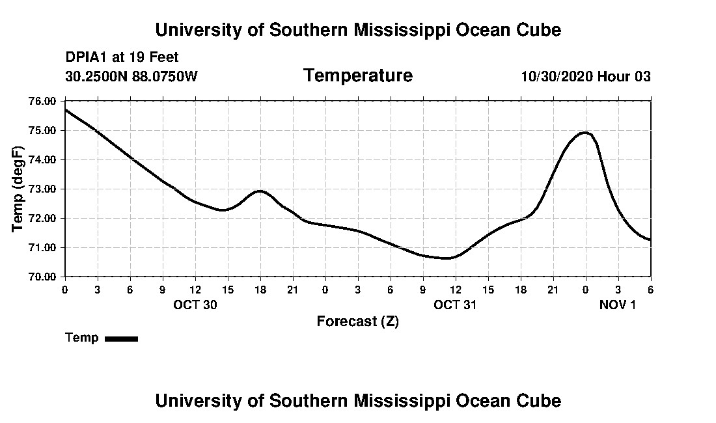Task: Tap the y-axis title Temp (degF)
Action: coord(19,189)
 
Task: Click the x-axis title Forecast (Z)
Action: coord(357,321)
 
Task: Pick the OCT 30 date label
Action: coord(195,305)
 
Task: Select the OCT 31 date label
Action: coord(455,305)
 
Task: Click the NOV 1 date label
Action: coord(617,305)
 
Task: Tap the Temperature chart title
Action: coord(357,76)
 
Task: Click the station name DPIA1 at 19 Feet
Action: coord(122,57)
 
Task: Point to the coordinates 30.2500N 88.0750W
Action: coord(131,77)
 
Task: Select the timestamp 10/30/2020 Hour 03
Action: coord(586,77)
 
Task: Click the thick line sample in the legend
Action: coord(121,338)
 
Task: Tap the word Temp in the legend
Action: coord(82,338)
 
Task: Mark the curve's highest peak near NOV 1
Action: coord(585,133)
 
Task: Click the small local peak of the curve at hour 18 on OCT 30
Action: coord(260,191)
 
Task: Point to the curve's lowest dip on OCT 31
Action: coord(447,258)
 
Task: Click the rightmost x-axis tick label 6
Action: coord(650,289)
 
